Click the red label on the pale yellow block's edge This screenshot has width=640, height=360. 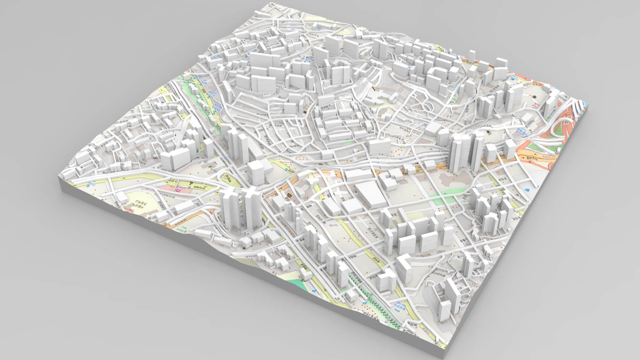point(128,210)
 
